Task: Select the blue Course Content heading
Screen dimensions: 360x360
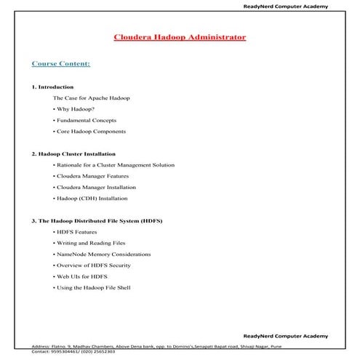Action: point(61,63)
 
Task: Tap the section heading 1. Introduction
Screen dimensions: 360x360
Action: point(53,87)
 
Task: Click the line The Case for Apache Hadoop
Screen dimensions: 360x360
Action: point(92,97)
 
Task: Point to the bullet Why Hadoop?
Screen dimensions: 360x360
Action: point(79,108)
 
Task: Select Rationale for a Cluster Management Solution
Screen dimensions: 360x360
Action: point(114,164)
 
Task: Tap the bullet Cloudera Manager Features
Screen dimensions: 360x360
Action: point(92,176)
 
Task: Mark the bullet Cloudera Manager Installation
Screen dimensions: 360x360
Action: point(95,187)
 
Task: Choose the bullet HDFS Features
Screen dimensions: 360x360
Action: point(75,232)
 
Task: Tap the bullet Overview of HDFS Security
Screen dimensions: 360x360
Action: point(93,266)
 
